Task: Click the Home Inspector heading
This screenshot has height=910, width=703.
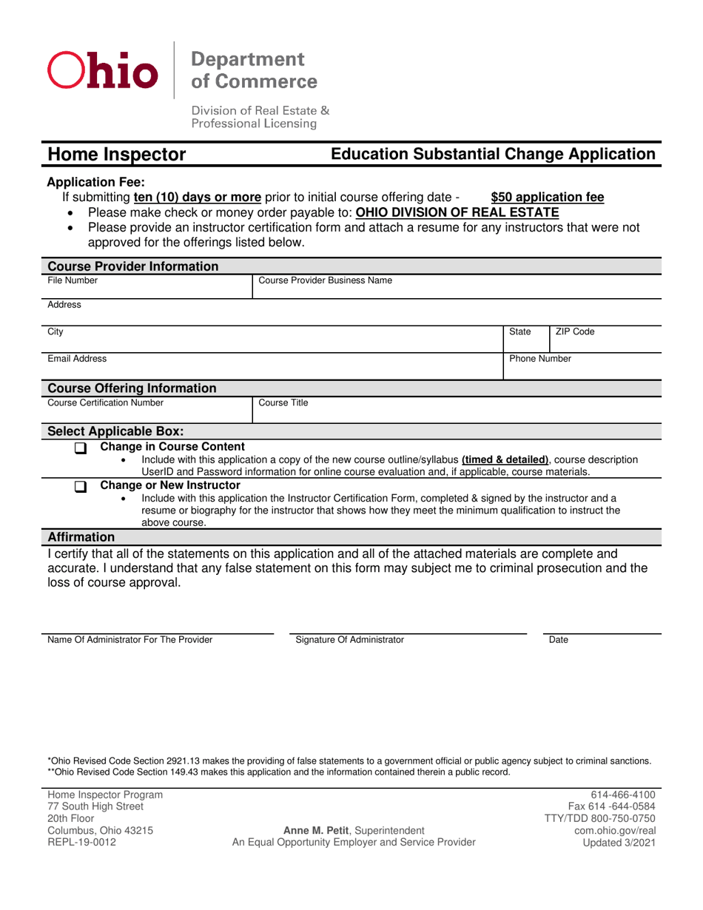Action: point(117,155)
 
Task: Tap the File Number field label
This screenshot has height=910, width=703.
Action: point(73,280)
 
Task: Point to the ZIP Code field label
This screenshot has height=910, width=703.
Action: point(574,332)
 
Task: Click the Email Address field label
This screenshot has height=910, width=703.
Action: point(77,358)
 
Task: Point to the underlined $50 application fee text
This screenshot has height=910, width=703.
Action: point(547,198)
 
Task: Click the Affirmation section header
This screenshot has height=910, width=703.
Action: point(81,536)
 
